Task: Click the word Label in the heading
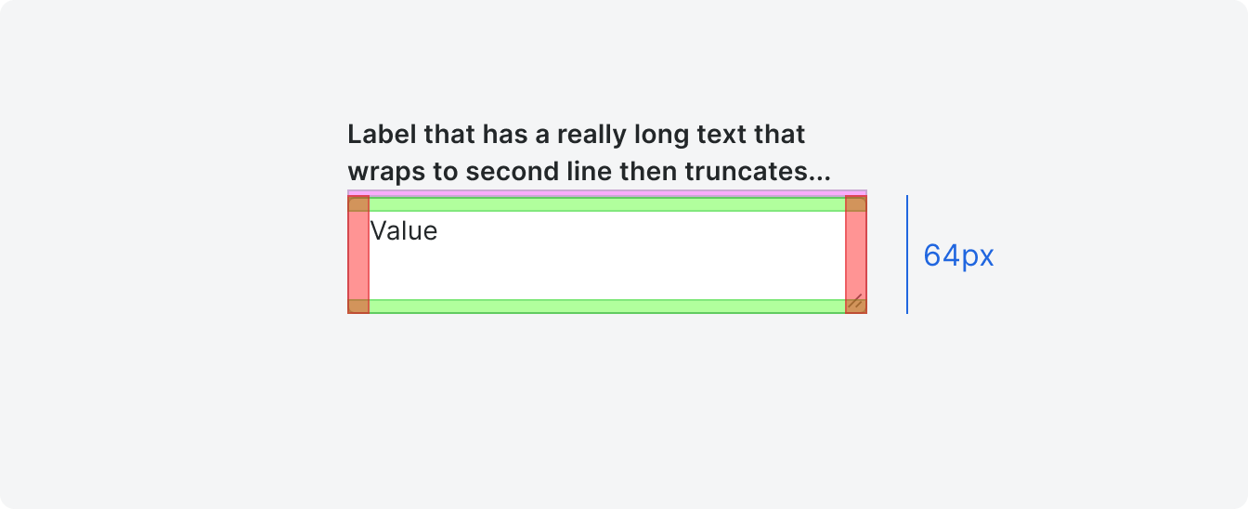(382, 135)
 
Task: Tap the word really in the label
(594, 136)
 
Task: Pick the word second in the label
(512, 171)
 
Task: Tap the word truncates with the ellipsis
(757, 172)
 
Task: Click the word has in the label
(505, 135)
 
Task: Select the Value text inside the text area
(404, 230)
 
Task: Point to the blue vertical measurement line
(907, 254)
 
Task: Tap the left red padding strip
(358, 254)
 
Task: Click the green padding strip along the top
(607, 204)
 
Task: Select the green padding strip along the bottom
(607, 307)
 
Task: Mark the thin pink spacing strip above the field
(607, 193)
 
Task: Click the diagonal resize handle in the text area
(855, 301)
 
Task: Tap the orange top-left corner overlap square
(358, 204)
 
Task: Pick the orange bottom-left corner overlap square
(358, 307)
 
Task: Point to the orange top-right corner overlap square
(856, 204)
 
